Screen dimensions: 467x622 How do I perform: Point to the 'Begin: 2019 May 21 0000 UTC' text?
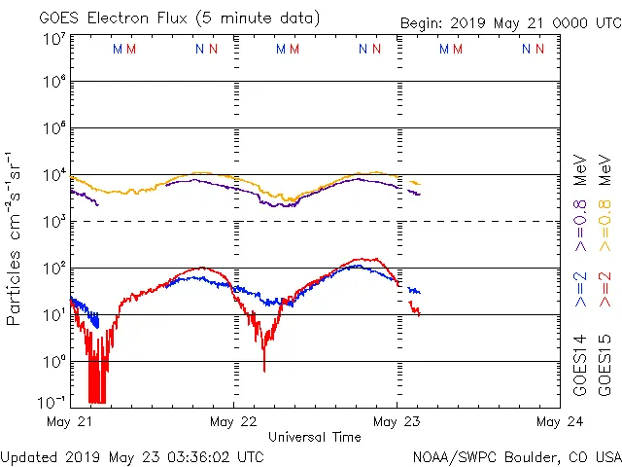point(509,24)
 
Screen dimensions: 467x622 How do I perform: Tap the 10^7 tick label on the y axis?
point(53,39)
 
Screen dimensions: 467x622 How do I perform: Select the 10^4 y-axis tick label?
point(53,175)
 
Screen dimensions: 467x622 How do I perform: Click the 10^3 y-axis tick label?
point(53,222)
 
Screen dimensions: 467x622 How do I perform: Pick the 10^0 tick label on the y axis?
point(53,362)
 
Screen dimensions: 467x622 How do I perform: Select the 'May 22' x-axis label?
point(233,422)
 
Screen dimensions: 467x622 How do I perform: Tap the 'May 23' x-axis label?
point(397,422)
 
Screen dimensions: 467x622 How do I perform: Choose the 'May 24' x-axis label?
point(558,422)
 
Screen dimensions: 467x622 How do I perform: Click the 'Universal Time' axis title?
point(314,437)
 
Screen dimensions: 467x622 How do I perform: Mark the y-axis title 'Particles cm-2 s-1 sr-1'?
point(15,238)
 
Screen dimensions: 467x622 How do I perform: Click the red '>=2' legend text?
point(604,289)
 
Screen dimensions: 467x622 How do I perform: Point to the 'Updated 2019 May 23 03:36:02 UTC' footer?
point(132,456)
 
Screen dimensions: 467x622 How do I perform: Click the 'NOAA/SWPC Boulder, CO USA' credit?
point(516,456)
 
